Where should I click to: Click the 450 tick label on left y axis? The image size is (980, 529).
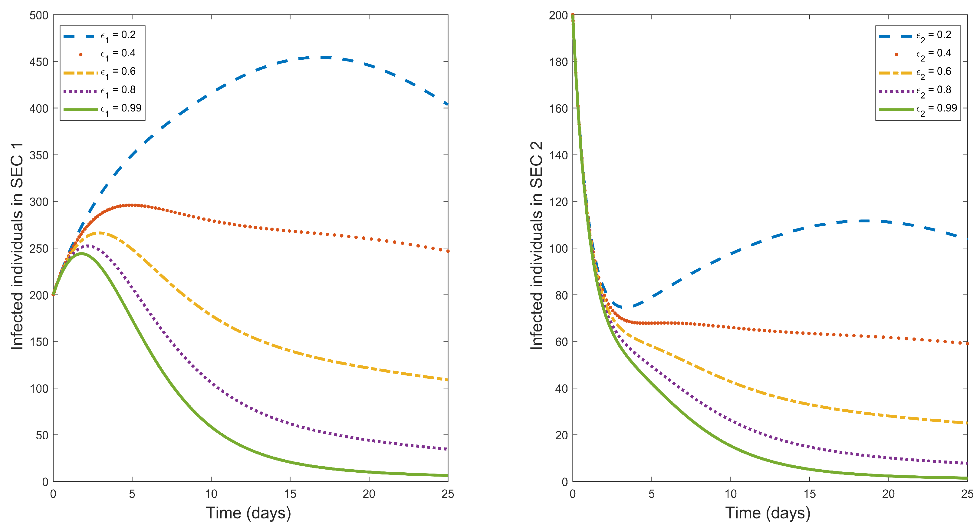coord(39,62)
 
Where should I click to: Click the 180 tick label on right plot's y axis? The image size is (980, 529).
coord(558,62)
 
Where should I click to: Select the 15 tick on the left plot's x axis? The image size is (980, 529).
coord(290,494)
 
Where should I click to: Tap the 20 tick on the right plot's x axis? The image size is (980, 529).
coord(888,494)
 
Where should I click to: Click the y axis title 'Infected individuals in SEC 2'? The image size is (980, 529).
coord(536,246)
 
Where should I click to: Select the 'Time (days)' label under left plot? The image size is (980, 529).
coord(248,513)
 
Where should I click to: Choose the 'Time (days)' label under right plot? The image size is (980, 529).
coord(768,513)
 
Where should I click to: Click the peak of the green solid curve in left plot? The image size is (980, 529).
coord(81,253)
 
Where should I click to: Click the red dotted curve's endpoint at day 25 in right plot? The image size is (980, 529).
coord(967,344)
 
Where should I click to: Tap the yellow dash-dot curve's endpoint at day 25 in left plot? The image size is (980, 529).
coord(447,380)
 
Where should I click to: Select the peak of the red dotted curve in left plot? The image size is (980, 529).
coord(131,205)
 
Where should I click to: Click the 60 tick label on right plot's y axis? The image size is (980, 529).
coord(561,342)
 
